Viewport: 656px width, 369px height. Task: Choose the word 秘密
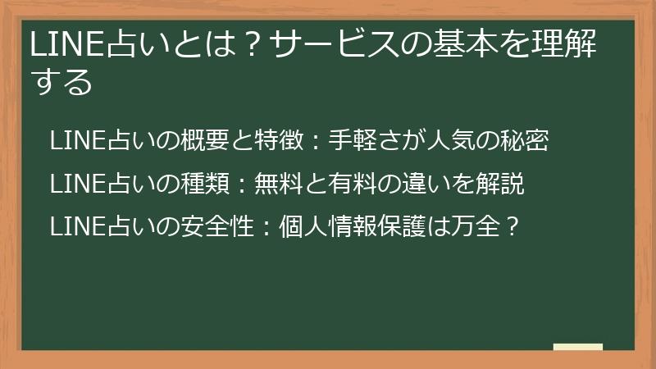tap(525, 141)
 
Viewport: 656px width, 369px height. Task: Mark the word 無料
tap(278, 184)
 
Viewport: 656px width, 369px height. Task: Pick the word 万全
tap(475, 227)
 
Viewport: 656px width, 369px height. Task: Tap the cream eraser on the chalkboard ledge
tap(578, 348)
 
